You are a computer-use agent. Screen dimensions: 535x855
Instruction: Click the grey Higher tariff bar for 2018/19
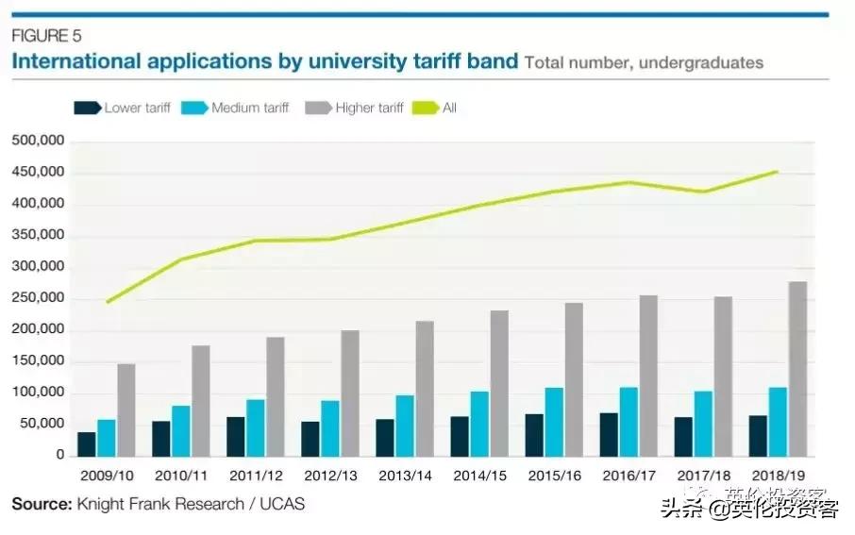coord(797,369)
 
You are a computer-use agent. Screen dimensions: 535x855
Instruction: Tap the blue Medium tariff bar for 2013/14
coord(404,426)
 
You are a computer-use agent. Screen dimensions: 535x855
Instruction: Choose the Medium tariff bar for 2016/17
coord(629,422)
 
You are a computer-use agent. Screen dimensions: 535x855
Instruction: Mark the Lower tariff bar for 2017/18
coord(682,437)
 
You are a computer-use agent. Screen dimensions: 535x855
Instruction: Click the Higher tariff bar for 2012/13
coord(349,393)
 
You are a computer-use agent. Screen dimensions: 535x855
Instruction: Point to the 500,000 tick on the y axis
coord(38,142)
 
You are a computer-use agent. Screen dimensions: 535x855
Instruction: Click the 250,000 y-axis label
coord(38,299)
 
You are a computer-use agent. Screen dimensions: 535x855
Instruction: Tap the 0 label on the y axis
coord(59,456)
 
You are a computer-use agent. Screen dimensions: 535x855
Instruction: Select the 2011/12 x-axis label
coord(255,476)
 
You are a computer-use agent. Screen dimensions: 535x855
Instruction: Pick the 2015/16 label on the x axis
coord(554,476)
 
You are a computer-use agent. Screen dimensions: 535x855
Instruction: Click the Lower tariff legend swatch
coord(87,109)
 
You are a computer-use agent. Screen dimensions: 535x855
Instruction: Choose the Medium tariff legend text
coord(250,109)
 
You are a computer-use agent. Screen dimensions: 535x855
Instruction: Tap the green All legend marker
coord(424,109)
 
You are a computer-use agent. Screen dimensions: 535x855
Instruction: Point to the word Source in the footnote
coord(41,504)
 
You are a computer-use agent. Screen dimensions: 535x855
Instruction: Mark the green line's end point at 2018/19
coord(776,172)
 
